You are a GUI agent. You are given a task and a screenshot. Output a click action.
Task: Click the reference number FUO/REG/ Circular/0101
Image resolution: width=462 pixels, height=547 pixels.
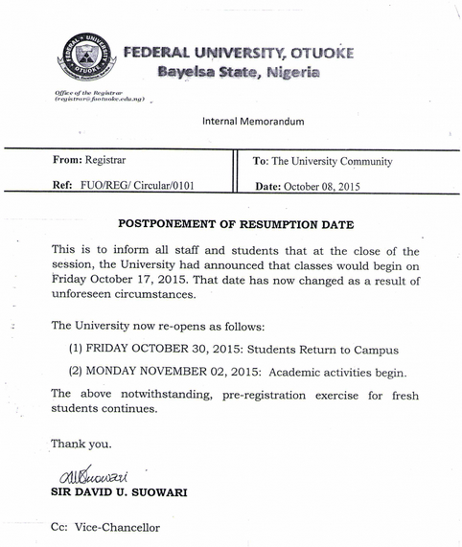click(135, 187)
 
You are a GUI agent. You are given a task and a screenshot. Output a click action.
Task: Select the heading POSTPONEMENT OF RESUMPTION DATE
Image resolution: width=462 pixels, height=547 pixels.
click(236, 224)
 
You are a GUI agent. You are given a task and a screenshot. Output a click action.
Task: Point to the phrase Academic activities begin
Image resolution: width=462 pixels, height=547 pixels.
click(344, 373)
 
